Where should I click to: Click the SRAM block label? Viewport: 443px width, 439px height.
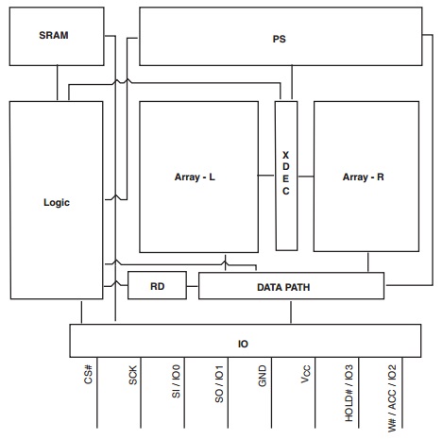[x=54, y=35]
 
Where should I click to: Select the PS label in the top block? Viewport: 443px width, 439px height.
[x=279, y=39]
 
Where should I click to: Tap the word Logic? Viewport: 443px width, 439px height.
[x=57, y=202]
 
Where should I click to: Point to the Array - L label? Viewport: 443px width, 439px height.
[x=195, y=177]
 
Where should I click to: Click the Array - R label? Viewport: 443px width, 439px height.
[x=364, y=177]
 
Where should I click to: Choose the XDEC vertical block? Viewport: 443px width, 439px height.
[x=286, y=176]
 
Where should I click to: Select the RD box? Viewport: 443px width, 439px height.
[x=157, y=285]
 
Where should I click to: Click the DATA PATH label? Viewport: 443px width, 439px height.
[x=283, y=287]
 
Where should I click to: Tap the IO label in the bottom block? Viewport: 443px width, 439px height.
[x=243, y=344]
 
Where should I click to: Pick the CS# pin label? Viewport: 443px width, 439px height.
[x=89, y=374]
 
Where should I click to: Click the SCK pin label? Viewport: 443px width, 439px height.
[x=133, y=375]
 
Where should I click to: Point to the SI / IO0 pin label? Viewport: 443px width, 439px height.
[x=176, y=381]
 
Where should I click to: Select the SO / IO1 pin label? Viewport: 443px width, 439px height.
[x=219, y=384]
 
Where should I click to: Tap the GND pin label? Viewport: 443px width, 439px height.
[x=263, y=376]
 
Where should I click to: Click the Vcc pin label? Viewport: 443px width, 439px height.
[x=306, y=374]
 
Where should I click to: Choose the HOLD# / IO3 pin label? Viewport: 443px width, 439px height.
[x=349, y=393]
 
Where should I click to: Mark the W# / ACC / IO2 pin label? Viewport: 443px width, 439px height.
[x=392, y=398]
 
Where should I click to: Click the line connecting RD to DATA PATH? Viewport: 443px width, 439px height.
[x=193, y=286]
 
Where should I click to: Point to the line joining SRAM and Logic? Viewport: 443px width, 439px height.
[x=58, y=83]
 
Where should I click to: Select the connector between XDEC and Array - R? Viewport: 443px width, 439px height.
[x=305, y=177]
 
